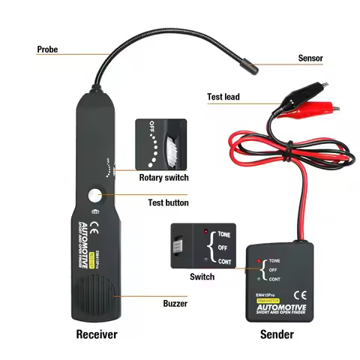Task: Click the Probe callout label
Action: (47, 50)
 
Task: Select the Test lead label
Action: (223, 97)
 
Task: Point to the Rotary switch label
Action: (163, 178)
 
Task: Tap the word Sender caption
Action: (277, 334)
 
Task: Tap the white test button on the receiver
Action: (94, 196)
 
